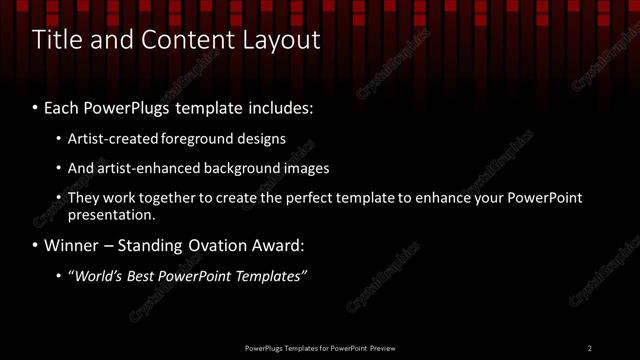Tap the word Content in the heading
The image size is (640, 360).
(176, 41)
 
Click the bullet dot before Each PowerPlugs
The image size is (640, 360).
(36, 106)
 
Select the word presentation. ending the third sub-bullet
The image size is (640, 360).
(111, 215)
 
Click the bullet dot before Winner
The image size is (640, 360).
(36, 246)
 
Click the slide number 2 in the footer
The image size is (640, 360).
(590, 348)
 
